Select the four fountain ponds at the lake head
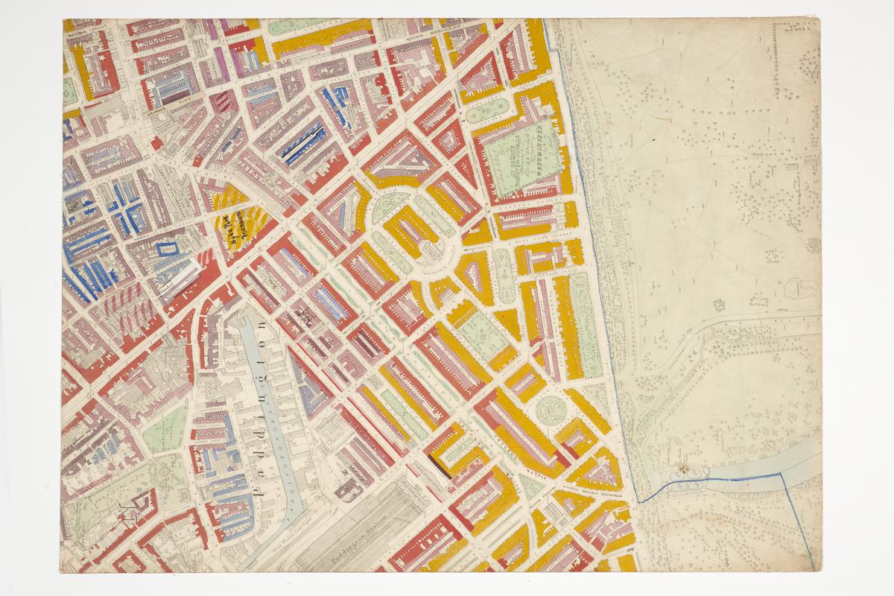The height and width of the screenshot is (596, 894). pyautogui.click(x=686, y=481)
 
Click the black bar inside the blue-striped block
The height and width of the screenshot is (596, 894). pyautogui.click(x=302, y=142)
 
